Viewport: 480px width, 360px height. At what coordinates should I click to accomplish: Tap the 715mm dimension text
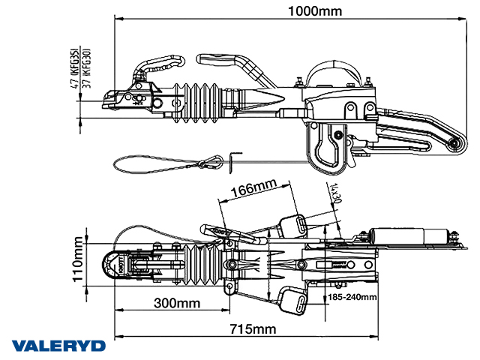(x=252, y=329)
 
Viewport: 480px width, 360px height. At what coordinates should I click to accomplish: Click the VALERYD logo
(x=58, y=346)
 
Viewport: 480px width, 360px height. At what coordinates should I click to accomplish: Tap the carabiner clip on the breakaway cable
(x=213, y=160)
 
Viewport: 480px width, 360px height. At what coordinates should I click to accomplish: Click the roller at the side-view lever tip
(x=452, y=145)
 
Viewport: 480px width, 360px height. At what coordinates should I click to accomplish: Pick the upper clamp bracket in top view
(x=293, y=224)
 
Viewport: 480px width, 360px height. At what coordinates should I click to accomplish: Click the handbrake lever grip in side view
(x=224, y=58)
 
